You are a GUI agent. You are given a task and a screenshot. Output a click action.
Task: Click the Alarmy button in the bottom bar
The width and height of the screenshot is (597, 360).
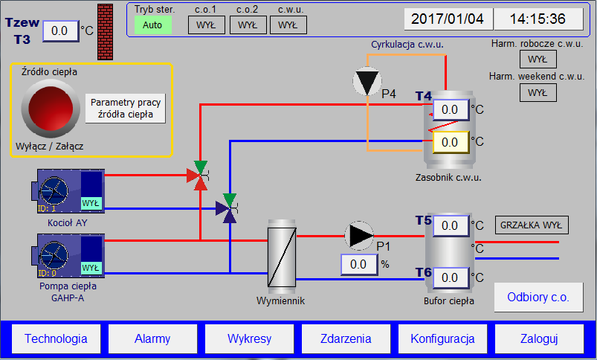(152, 338)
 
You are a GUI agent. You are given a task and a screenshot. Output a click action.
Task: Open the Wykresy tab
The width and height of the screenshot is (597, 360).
(249, 338)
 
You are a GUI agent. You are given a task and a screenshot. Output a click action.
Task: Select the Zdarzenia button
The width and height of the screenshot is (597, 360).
(346, 338)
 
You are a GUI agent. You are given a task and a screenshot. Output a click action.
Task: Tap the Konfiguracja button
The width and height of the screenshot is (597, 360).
(442, 338)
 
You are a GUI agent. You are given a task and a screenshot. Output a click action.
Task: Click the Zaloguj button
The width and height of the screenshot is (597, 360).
(539, 338)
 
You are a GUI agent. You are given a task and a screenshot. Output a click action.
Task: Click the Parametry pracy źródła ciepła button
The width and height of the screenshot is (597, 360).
(126, 109)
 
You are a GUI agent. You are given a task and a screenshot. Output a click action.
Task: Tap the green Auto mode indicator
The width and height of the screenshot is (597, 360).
(152, 25)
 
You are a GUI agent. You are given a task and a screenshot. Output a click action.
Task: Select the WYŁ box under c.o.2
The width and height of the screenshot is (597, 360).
(248, 25)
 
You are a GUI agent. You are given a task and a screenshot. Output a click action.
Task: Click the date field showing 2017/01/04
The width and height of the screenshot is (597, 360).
(448, 19)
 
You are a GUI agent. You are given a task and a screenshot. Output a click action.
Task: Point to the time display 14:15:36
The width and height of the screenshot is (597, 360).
(538, 19)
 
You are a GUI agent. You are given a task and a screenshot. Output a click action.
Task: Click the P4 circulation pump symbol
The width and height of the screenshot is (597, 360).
(367, 81)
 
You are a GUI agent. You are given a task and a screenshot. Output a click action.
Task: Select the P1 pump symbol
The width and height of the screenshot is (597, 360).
(359, 236)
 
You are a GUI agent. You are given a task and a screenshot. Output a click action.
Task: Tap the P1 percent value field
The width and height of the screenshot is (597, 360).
(359, 264)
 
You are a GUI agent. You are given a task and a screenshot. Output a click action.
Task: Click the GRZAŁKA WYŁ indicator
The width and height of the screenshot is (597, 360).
(532, 225)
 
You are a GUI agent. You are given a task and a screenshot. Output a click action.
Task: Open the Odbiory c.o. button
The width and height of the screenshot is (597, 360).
(538, 297)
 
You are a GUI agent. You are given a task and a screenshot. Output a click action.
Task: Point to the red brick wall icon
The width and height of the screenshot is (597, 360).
(105, 32)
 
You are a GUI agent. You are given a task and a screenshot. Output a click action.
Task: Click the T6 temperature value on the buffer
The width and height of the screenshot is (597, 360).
(451, 277)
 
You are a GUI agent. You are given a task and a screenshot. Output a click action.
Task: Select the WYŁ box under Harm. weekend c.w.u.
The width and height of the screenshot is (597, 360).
(538, 92)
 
